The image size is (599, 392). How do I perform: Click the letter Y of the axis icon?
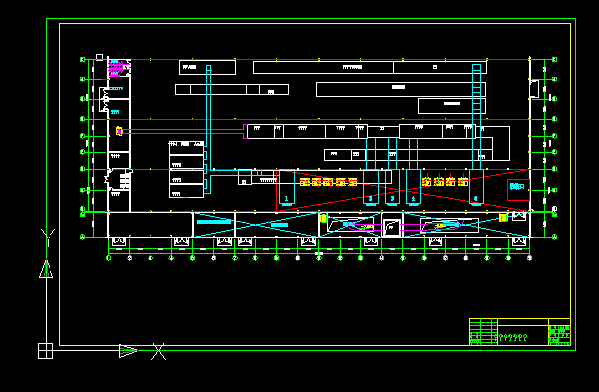[46, 235]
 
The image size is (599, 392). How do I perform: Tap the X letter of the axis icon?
[158, 350]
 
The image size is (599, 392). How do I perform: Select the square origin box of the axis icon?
[45, 350]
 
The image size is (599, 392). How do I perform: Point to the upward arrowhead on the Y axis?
[46, 268]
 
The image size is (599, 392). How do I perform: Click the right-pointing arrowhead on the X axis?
[128, 350]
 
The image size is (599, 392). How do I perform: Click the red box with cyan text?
[517, 188]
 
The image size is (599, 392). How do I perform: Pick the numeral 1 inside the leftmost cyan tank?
[286, 199]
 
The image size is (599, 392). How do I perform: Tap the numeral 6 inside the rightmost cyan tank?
[476, 199]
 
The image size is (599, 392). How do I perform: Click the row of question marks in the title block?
[510, 337]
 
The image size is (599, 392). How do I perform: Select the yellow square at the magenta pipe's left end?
[119, 130]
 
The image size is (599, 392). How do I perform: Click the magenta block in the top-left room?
[115, 68]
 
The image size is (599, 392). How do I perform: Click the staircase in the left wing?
[124, 181]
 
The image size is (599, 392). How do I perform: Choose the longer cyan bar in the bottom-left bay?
[213, 222]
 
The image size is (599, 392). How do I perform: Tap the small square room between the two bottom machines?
[392, 227]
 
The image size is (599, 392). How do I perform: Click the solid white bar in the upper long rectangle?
[398, 87]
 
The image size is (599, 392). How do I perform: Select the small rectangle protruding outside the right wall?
[534, 89]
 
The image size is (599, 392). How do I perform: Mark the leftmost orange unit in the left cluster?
[305, 182]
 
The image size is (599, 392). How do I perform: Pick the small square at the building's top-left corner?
[99, 57]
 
